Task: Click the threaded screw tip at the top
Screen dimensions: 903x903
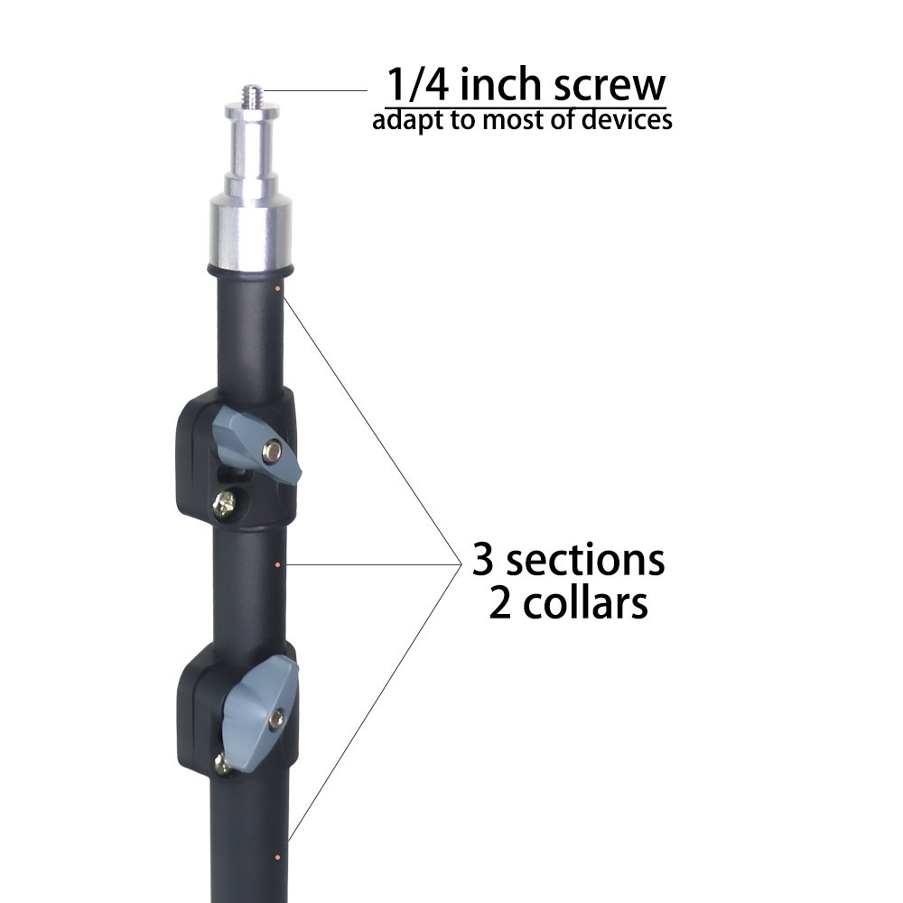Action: click(x=252, y=94)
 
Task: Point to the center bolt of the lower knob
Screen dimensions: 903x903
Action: click(x=275, y=720)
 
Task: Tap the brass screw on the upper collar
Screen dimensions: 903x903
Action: click(x=224, y=504)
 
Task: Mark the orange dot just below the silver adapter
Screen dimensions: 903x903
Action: click(x=276, y=289)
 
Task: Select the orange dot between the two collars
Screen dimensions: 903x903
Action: click(x=277, y=565)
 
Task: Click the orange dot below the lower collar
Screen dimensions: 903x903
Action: click(x=277, y=855)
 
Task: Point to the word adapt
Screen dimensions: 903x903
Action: click(x=402, y=121)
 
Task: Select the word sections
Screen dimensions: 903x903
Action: click(x=585, y=561)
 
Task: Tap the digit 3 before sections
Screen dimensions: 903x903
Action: click(x=483, y=561)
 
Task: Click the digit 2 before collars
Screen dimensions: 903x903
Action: click(x=500, y=604)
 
